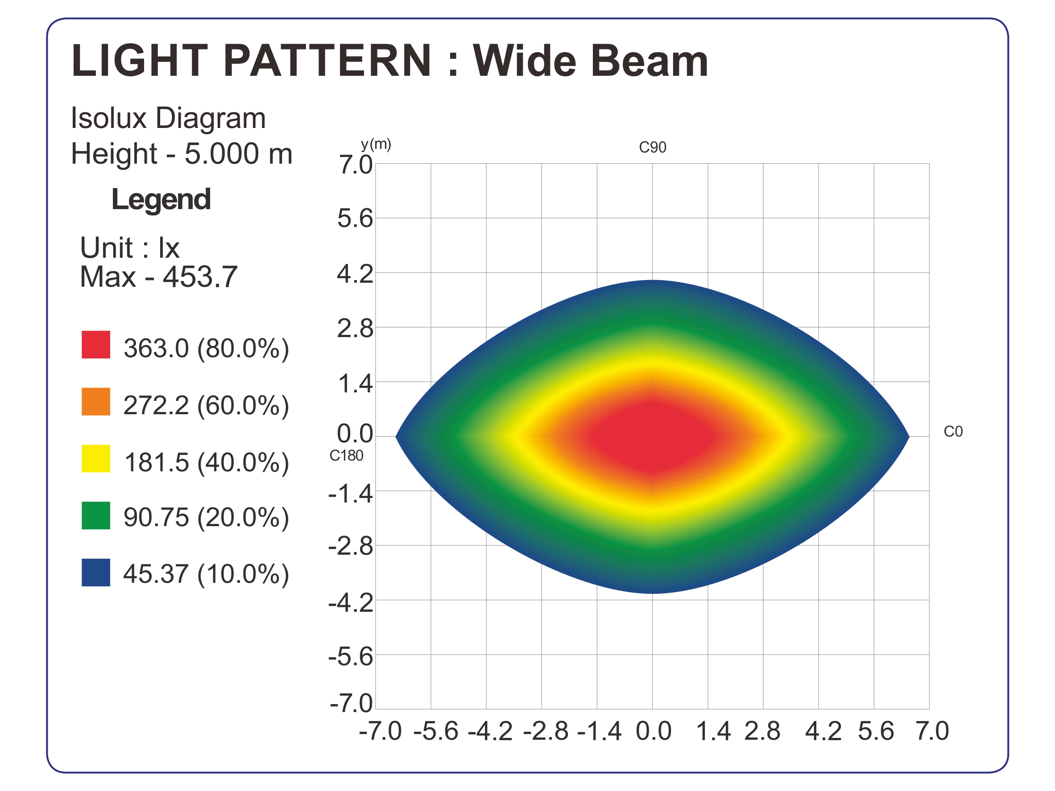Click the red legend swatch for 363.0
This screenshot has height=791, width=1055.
pos(96,345)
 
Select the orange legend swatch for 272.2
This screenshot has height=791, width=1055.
pos(96,402)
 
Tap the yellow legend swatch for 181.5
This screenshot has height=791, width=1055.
pos(96,459)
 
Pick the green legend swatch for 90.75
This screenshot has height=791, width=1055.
pos(96,515)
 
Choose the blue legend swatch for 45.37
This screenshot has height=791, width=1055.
pos(96,573)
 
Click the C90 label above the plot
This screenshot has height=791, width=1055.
pos(653,147)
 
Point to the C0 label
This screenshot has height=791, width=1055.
pos(953,432)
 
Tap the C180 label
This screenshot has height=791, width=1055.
pos(346,456)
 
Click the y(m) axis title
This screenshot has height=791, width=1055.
pos(376,144)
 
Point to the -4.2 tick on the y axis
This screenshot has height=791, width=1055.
pos(351,604)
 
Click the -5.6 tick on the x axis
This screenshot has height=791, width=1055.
pos(435,731)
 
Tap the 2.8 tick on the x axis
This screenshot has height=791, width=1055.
pos(762,731)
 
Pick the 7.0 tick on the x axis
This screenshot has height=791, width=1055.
pos(932,731)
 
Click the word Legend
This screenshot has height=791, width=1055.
pos(161,199)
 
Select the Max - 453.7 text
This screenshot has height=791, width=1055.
pos(158,276)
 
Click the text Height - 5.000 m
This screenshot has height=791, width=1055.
pos(181,153)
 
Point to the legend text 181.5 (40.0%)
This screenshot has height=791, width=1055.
pos(206,462)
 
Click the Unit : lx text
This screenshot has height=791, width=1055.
pos(129,247)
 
